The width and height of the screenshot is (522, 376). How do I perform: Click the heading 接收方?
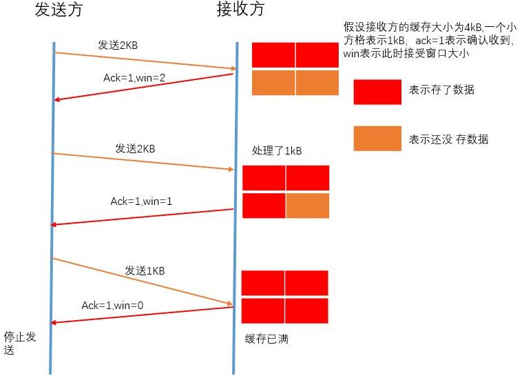pyautogui.click(x=240, y=10)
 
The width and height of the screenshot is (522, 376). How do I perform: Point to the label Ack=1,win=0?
pyautogui.click(x=112, y=305)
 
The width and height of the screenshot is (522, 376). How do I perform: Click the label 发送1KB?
pyautogui.click(x=145, y=271)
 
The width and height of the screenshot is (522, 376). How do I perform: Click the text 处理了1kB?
pyautogui.click(x=278, y=152)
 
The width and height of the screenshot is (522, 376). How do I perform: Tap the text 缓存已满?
pyautogui.click(x=267, y=339)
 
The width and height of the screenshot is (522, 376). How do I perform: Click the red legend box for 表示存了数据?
pyautogui.click(x=377, y=92)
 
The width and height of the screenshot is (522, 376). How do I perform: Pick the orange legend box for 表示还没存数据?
pyautogui.click(x=377, y=139)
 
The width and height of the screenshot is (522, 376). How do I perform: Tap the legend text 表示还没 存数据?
pyautogui.click(x=448, y=139)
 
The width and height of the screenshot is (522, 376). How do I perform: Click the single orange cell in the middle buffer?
pyautogui.click(x=307, y=206)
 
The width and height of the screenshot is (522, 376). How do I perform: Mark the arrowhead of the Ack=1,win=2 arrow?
pyautogui.click(x=58, y=100)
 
